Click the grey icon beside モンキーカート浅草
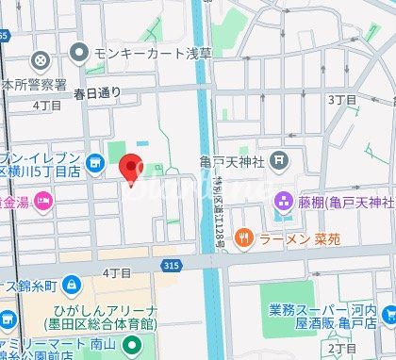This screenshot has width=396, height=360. pos(79,53)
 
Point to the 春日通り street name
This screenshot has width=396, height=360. pos(98,92)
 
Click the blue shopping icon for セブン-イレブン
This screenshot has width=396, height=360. pos(94,164)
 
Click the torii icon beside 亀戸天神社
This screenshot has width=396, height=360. pos(278,161)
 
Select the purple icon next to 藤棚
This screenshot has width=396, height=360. pos(281,201)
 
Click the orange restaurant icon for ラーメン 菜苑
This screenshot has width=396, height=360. pos(243,237)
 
